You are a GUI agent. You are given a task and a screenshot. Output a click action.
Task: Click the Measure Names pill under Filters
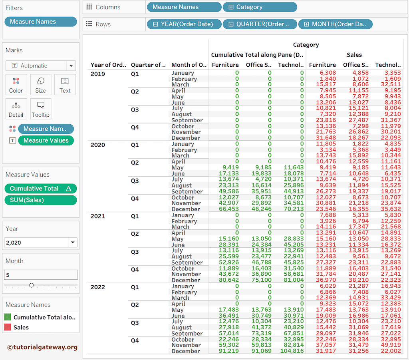40,22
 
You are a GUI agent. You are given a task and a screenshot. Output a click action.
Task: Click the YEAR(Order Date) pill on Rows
184,24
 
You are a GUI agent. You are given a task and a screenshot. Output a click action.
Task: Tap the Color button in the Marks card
16,85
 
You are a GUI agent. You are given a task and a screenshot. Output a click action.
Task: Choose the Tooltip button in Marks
40,109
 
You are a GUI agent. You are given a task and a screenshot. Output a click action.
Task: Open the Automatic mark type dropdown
40,66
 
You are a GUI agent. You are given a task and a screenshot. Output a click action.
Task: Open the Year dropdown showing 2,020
40,243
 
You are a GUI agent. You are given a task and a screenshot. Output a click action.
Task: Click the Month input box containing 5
40,274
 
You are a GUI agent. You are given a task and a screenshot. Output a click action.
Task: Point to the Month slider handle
31,285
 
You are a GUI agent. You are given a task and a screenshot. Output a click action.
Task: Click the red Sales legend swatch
8,327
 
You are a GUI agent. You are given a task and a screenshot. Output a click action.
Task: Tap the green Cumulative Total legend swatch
8,317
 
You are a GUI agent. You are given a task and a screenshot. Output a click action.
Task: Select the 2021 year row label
98,216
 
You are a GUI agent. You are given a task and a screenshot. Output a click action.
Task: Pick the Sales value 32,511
390,85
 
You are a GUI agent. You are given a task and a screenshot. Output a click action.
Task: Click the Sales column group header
354,55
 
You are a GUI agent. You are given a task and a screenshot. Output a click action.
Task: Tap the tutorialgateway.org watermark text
42,347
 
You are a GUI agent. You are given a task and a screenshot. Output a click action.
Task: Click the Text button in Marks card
65,85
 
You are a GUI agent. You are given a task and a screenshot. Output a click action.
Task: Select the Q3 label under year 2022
135,323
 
